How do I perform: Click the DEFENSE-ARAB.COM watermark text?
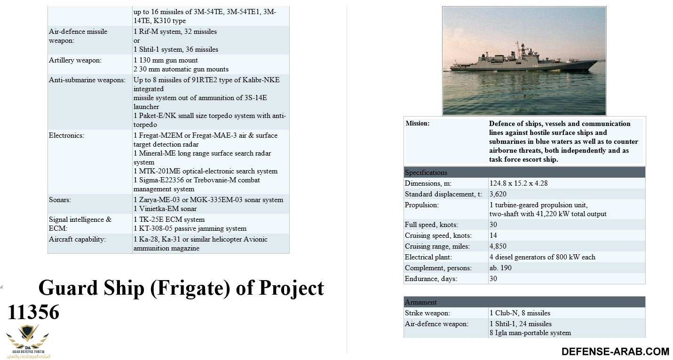tap(615, 352)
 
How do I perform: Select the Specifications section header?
tap(426, 172)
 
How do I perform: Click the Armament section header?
tap(421, 302)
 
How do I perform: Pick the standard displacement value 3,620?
tap(498, 194)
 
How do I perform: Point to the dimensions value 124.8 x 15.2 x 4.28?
tap(518, 183)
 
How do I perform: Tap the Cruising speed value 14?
tap(493, 235)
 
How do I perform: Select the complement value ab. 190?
tap(500, 268)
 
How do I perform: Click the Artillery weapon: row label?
tap(75, 60)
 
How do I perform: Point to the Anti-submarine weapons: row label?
tap(87, 80)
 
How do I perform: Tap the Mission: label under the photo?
tap(418, 124)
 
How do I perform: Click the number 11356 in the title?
tap(33, 313)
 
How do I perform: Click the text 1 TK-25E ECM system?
tap(169, 219)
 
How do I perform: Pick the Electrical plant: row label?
tap(428, 257)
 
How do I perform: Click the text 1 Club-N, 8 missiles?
tap(520, 313)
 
